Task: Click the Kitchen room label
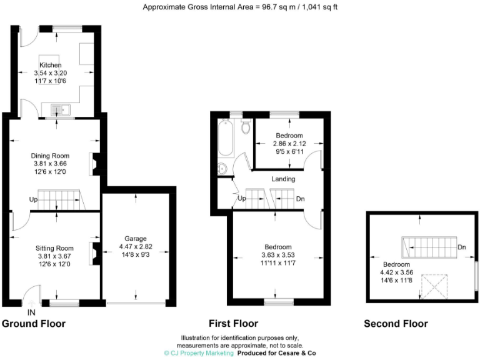pyautogui.click(x=51, y=65)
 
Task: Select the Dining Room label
pyautogui.click(x=51, y=156)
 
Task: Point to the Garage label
pyautogui.click(x=135, y=239)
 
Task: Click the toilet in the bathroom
pyautogui.click(x=246, y=127)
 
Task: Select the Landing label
pyautogui.click(x=283, y=179)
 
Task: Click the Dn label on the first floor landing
pyautogui.click(x=300, y=199)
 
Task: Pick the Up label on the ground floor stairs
pyautogui.click(x=32, y=200)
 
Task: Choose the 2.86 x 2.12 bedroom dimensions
pyautogui.click(x=289, y=144)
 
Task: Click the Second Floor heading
pyautogui.click(x=396, y=324)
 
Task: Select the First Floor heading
pyautogui.click(x=234, y=324)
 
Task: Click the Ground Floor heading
pyautogui.click(x=34, y=324)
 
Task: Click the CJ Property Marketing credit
pyautogui.click(x=198, y=353)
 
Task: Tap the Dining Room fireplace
pyautogui.click(x=94, y=164)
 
